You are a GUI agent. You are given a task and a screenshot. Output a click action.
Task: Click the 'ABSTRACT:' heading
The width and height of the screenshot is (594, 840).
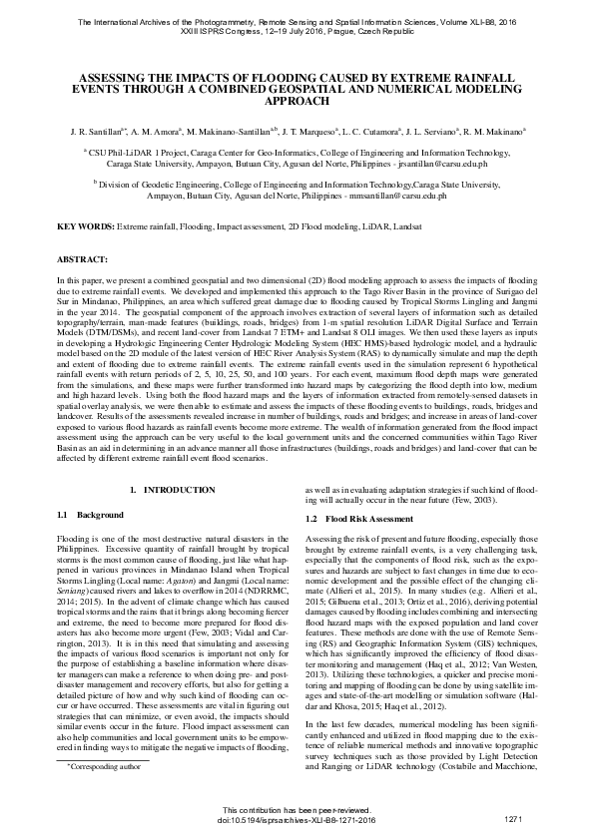pyautogui.click(x=83, y=258)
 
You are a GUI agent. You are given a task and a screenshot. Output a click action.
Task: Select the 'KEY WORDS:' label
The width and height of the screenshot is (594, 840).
pyautogui.click(x=86, y=227)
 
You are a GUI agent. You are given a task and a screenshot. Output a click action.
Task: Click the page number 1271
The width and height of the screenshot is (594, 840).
pyautogui.click(x=514, y=818)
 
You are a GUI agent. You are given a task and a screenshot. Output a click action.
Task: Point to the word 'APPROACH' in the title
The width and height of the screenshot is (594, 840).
pyautogui.click(x=297, y=101)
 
